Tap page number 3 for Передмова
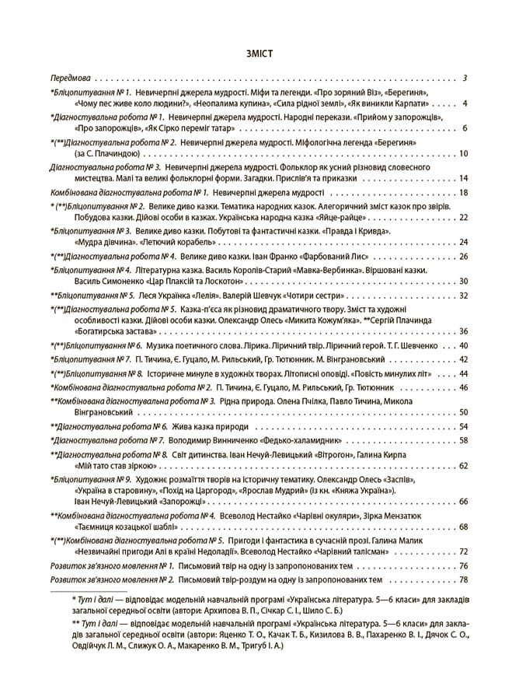[x=464, y=79]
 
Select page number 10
[x=463, y=154]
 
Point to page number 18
[x=463, y=192]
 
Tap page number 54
[x=463, y=426]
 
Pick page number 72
[x=463, y=551]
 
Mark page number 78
[x=463, y=579]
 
